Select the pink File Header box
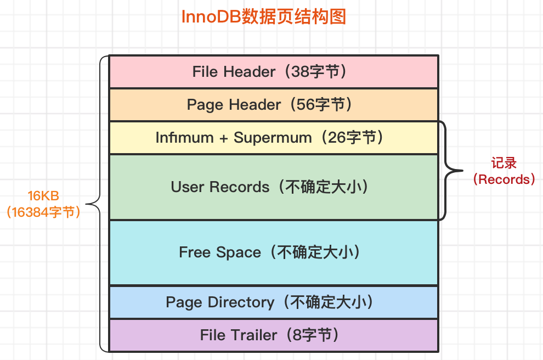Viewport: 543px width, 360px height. [274, 71]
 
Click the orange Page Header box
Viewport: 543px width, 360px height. [274, 105]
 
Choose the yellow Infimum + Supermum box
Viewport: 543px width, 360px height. [274, 138]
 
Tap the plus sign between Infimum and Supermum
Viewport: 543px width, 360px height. [223, 138]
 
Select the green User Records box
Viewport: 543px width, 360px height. [274, 187]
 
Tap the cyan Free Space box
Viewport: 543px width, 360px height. [274, 252]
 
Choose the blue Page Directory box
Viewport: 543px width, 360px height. [274, 302]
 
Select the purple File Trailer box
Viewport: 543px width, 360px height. [274, 335]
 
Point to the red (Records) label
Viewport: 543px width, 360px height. [504, 179]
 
